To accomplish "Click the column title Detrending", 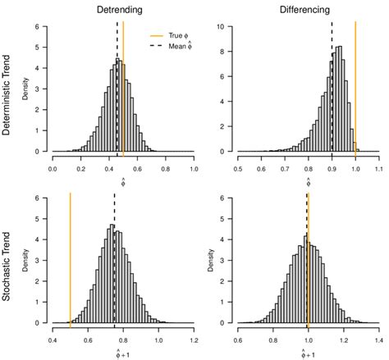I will point(123,10).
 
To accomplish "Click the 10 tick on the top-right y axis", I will point(229,26).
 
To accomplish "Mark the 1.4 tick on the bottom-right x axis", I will point(378,339).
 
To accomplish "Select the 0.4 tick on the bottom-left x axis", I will point(53,339).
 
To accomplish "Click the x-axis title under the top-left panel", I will point(123,182).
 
